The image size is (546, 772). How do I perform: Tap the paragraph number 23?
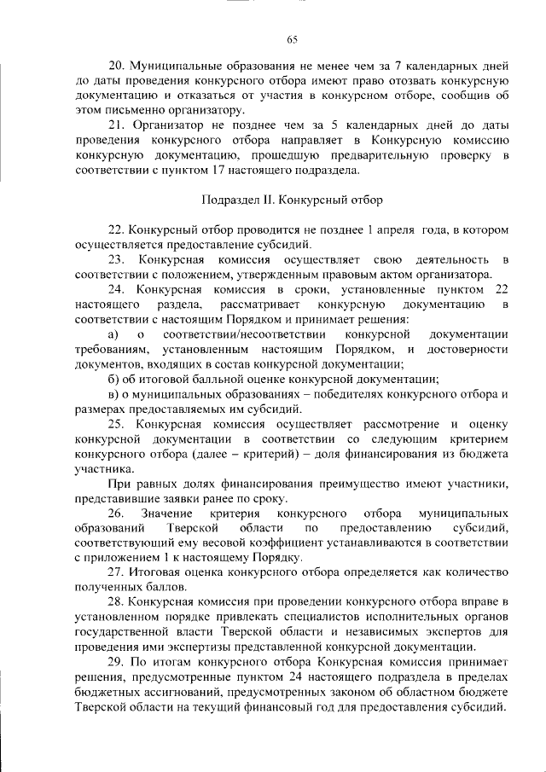[116, 259]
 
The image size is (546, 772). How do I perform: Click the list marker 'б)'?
[112, 379]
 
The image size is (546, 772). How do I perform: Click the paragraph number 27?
[115, 573]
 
